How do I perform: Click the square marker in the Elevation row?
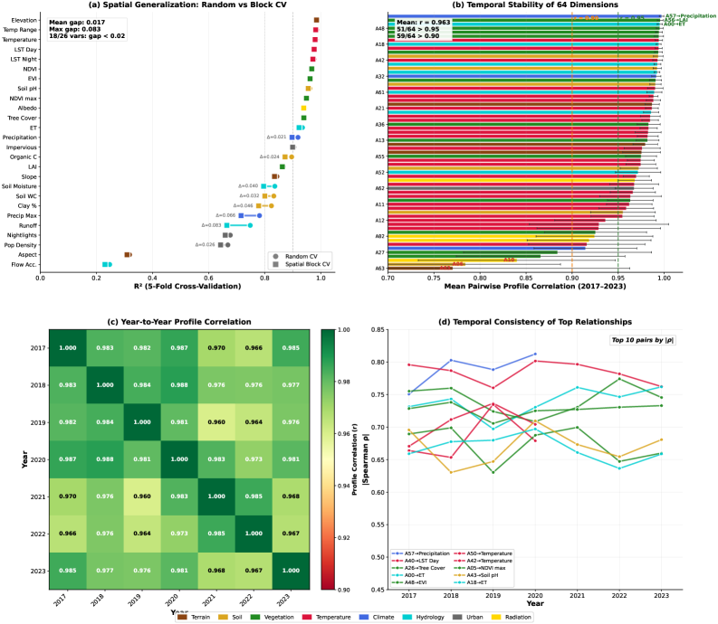[316, 20]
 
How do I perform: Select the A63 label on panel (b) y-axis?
[379, 268]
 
